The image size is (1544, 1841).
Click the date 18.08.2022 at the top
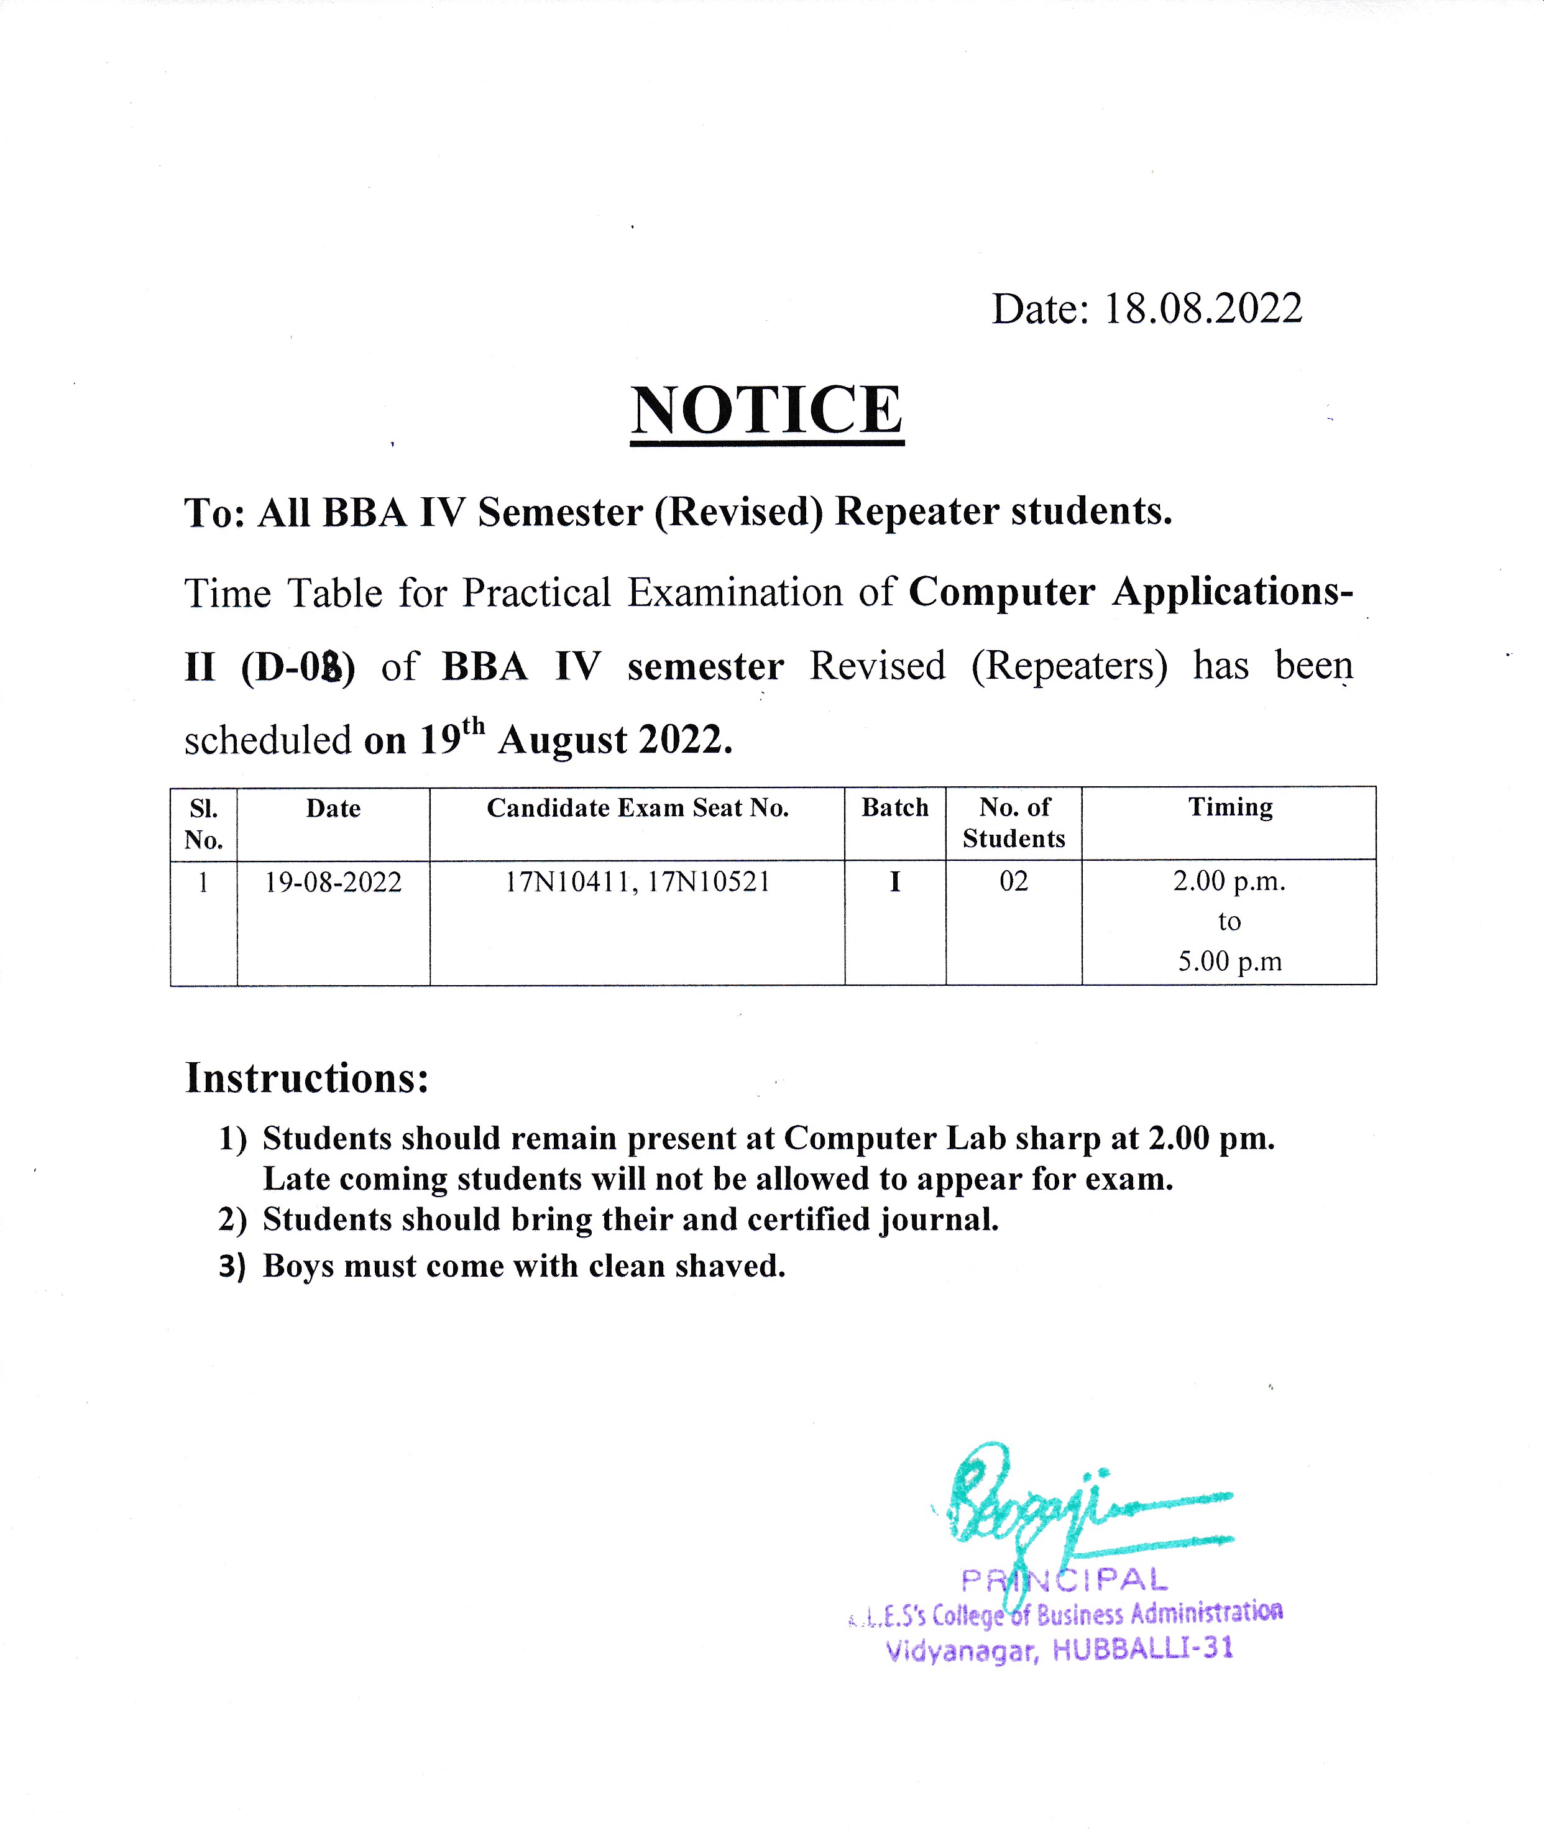[x=1202, y=308]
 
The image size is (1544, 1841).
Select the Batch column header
[x=894, y=807]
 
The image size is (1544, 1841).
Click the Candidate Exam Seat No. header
[x=637, y=807]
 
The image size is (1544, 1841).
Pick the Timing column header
[x=1229, y=807]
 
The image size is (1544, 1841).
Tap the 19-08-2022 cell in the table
[x=333, y=882]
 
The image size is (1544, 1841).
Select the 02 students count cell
[x=1014, y=881]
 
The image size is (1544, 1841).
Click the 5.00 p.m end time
[x=1229, y=962]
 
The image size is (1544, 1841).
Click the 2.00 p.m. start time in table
[x=1229, y=881]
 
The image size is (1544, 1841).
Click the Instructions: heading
[x=307, y=1078]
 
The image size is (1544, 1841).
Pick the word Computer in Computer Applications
[x=1001, y=592]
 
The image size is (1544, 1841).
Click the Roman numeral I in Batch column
[x=894, y=882]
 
